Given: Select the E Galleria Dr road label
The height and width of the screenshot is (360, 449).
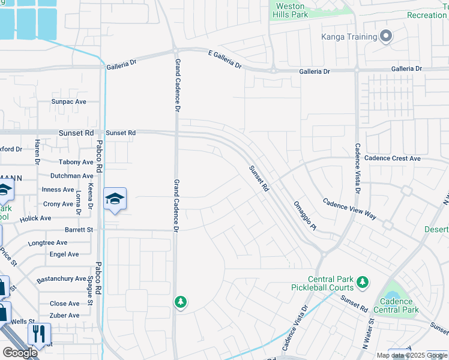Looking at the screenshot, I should (224, 59).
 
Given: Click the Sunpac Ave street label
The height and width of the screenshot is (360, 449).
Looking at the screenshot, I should (69, 101).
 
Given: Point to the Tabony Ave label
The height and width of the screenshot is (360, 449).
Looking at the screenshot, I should (76, 162).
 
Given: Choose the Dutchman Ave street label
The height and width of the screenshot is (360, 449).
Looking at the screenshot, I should (72, 176).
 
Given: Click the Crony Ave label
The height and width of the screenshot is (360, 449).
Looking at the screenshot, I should (58, 204).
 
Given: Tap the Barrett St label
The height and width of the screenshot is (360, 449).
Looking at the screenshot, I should (79, 230).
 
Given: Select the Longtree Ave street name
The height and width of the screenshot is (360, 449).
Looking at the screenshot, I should (48, 242).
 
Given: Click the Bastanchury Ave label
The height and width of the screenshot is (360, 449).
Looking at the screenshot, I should (61, 279).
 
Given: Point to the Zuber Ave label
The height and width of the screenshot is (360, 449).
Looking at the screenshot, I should (65, 316).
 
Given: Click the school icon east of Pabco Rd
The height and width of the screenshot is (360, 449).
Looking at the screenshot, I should (115, 198).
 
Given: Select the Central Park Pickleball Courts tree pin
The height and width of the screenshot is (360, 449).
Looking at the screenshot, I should (361, 281).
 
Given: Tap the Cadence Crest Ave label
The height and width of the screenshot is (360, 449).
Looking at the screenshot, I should (393, 158).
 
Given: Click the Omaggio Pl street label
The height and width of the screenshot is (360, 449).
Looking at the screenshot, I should (304, 215).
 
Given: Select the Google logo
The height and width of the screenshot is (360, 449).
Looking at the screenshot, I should (20, 353).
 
